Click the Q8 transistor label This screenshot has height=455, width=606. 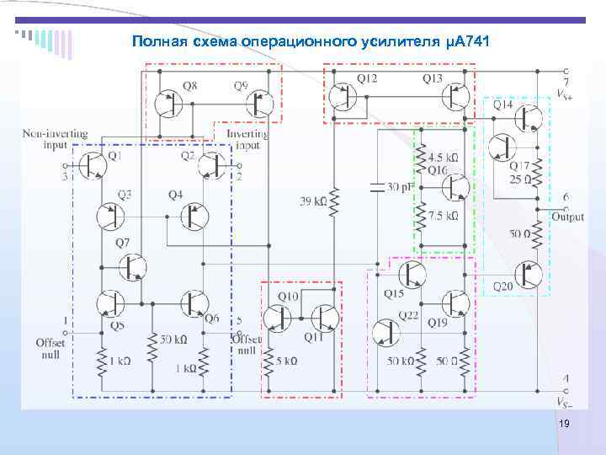pyautogui.click(x=189, y=86)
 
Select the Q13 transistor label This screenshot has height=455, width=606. pyautogui.click(x=433, y=78)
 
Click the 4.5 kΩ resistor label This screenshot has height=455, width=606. pyautogui.click(x=443, y=158)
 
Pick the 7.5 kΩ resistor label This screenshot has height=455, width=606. pyautogui.click(x=443, y=216)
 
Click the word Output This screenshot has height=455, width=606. pyautogui.click(x=568, y=217)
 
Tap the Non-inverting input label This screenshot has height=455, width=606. pyautogui.click(x=56, y=138)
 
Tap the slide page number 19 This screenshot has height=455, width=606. pyautogui.click(x=564, y=425)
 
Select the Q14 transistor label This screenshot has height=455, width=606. pyautogui.click(x=502, y=105)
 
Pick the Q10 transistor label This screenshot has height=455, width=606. pyautogui.click(x=288, y=297)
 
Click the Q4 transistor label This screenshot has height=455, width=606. pyautogui.click(x=175, y=195)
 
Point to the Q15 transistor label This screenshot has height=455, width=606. pyautogui.click(x=394, y=294)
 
